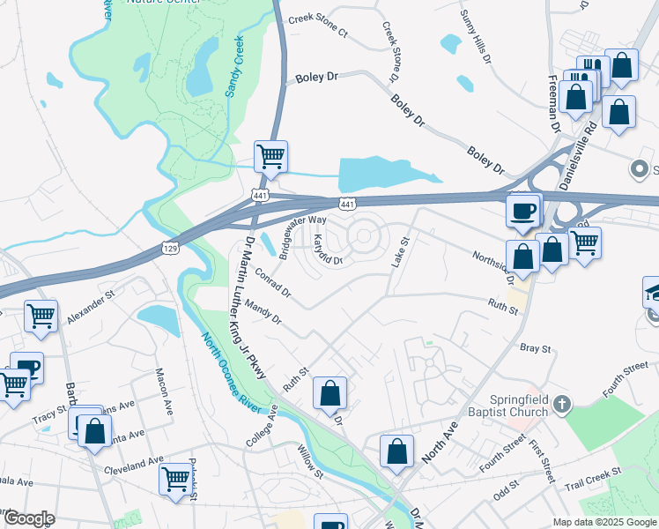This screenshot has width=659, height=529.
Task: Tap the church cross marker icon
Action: click(563, 406)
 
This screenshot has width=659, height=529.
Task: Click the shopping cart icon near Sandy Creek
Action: click(270, 157)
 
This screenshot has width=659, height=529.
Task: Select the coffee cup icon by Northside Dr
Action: click(523, 212)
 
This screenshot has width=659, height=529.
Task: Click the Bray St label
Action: click(535, 349)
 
